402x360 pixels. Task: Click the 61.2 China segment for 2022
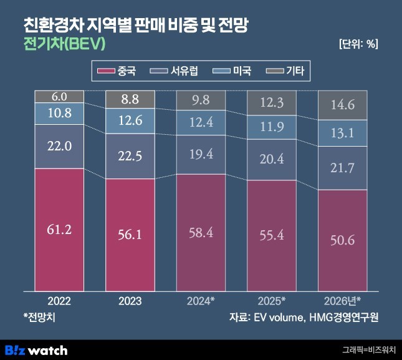tap(59, 229)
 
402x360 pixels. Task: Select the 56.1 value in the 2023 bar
tap(130, 234)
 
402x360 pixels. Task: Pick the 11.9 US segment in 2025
tap(272, 127)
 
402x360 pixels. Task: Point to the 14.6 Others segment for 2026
tap(342, 105)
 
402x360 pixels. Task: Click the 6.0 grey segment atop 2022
tap(59, 96)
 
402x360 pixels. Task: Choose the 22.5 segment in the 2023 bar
tap(130, 156)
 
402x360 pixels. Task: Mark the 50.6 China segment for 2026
tap(342, 240)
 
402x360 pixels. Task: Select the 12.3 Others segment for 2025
tap(272, 102)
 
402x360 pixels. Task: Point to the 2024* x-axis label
tap(201, 301)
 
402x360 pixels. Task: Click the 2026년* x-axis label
tap(342, 301)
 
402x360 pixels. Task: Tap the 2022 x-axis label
tap(59, 301)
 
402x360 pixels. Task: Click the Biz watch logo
tap(37, 349)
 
